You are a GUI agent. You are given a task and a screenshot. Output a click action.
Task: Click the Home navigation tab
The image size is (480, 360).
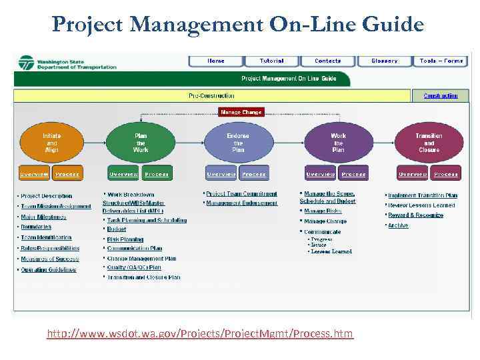pyautogui.click(x=215, y=61)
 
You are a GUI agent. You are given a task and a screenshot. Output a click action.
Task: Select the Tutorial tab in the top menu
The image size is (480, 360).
pyautogui.click(x=271, y=61)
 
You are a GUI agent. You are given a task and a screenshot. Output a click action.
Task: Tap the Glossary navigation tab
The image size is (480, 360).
pyautogui.click(x=385, y=61)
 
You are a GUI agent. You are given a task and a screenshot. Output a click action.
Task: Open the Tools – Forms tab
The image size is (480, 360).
pyautogui.click(x=441, y=61)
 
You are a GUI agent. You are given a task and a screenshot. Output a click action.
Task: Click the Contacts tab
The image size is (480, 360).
pyautogui.click(x=328, y=61)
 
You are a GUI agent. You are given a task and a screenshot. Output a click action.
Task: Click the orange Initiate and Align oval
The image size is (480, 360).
pyautogui.click(x=52, y=143)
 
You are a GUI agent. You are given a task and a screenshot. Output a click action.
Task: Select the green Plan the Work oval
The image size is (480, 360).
pyautogui.click(x=141, y=143)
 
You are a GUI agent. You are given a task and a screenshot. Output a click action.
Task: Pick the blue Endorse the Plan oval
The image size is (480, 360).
pyautogui.click(x=238, y=143)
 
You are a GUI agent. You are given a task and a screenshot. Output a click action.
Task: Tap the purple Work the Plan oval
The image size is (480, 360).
pyautogui.click(x=339, y=143)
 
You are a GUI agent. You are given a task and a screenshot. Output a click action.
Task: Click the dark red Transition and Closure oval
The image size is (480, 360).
pyautogui.click(x=429, y=143)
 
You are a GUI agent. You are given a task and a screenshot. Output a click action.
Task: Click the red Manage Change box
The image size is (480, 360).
pyautogui.click(x=241, y=113)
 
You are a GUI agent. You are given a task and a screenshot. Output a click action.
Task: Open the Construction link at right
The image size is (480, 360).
pyautogui.click(x=441, y=96)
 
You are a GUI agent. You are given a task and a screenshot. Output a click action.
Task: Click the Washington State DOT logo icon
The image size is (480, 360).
pyautogui.click(x=27, y=63)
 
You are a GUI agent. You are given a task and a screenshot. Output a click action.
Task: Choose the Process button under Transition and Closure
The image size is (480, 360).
pyautogui.click(x=445, y=174)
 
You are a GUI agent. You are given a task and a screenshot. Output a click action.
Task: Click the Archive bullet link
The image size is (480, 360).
pyautogui.click(x=398, y=226)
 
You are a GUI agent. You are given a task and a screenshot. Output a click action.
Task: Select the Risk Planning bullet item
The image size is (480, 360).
pyautogui.click(x=125, y=239)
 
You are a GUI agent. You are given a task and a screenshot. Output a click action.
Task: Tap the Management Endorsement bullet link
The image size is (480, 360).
pyautogui.click(x=241, y=203)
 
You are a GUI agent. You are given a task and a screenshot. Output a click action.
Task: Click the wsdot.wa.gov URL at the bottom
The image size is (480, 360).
pyautogui.click(x=200, y=333)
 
